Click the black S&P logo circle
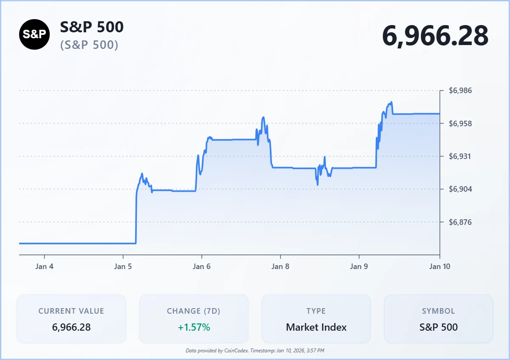[34, 34]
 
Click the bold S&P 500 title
[92, 27]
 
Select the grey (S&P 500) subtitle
[89, 45]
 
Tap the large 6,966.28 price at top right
[435, 36]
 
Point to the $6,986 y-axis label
[461, 91]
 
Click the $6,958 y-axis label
[461, 124]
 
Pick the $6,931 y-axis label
[461, 156]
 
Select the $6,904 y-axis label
[461, 189]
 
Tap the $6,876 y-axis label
[461, 222]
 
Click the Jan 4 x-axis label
[44, 266]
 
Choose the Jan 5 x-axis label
[123, 266]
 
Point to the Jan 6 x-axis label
[201, 266]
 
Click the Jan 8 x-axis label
[280, 266]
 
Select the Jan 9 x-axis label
[359, 266]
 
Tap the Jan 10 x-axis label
[439, 266]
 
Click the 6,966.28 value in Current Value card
[71, 327]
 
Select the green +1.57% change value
[193, 327]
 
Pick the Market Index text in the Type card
[316, 327]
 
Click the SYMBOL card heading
[438, 311]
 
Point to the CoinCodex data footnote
[255, 351]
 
